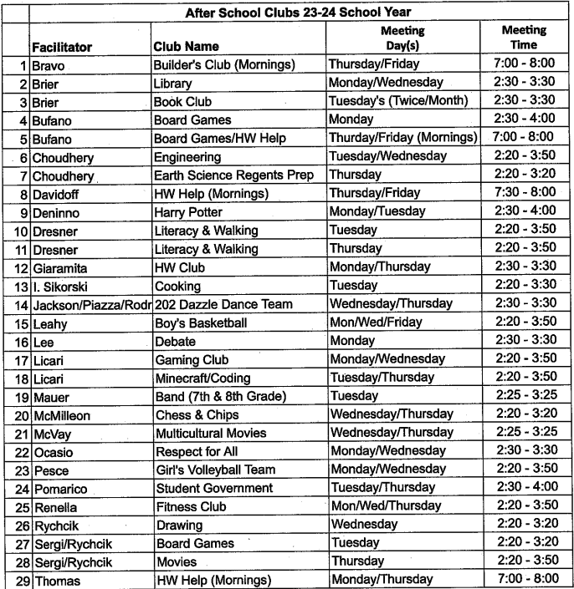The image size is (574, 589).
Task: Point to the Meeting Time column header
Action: (x=523, y=38)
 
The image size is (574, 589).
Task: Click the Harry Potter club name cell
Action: (x=189, y=211)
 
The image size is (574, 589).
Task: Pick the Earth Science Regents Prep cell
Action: (x=233, y=175)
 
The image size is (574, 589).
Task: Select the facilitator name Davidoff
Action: (x=57, y=193)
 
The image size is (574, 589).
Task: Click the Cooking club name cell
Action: (x=177, y=285)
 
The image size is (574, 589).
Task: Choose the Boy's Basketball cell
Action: (x=201, y=322)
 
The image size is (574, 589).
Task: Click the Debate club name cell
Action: (x=176, y=341)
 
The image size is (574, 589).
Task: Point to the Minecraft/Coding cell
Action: (x=202, y=378)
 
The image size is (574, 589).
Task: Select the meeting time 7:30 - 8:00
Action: (x=523, y=193)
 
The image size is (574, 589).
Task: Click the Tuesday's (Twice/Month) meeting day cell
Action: (x=398, y=101)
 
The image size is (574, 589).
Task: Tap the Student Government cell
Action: (x=214, y=488)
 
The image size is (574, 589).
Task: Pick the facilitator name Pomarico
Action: (x=60, y=488)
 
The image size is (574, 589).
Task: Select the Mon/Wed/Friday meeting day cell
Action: (x=377, y=322)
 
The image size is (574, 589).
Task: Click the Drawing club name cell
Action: (x=179, y=525)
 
